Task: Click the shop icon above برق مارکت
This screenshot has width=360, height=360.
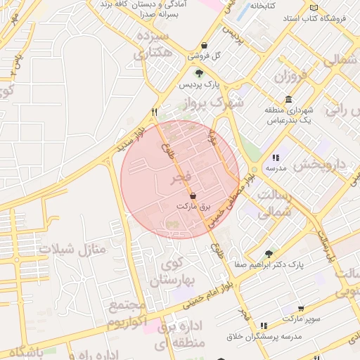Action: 193,195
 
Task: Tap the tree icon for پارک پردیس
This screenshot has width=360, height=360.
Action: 199,72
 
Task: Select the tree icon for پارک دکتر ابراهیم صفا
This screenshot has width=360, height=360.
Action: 269,253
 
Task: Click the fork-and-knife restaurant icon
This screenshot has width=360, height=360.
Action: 154,112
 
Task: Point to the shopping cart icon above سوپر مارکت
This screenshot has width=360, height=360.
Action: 301,309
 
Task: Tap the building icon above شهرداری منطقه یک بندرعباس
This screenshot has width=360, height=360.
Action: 288,99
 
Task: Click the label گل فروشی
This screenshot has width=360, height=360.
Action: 207,56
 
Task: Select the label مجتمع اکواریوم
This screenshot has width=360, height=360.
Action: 127,315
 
